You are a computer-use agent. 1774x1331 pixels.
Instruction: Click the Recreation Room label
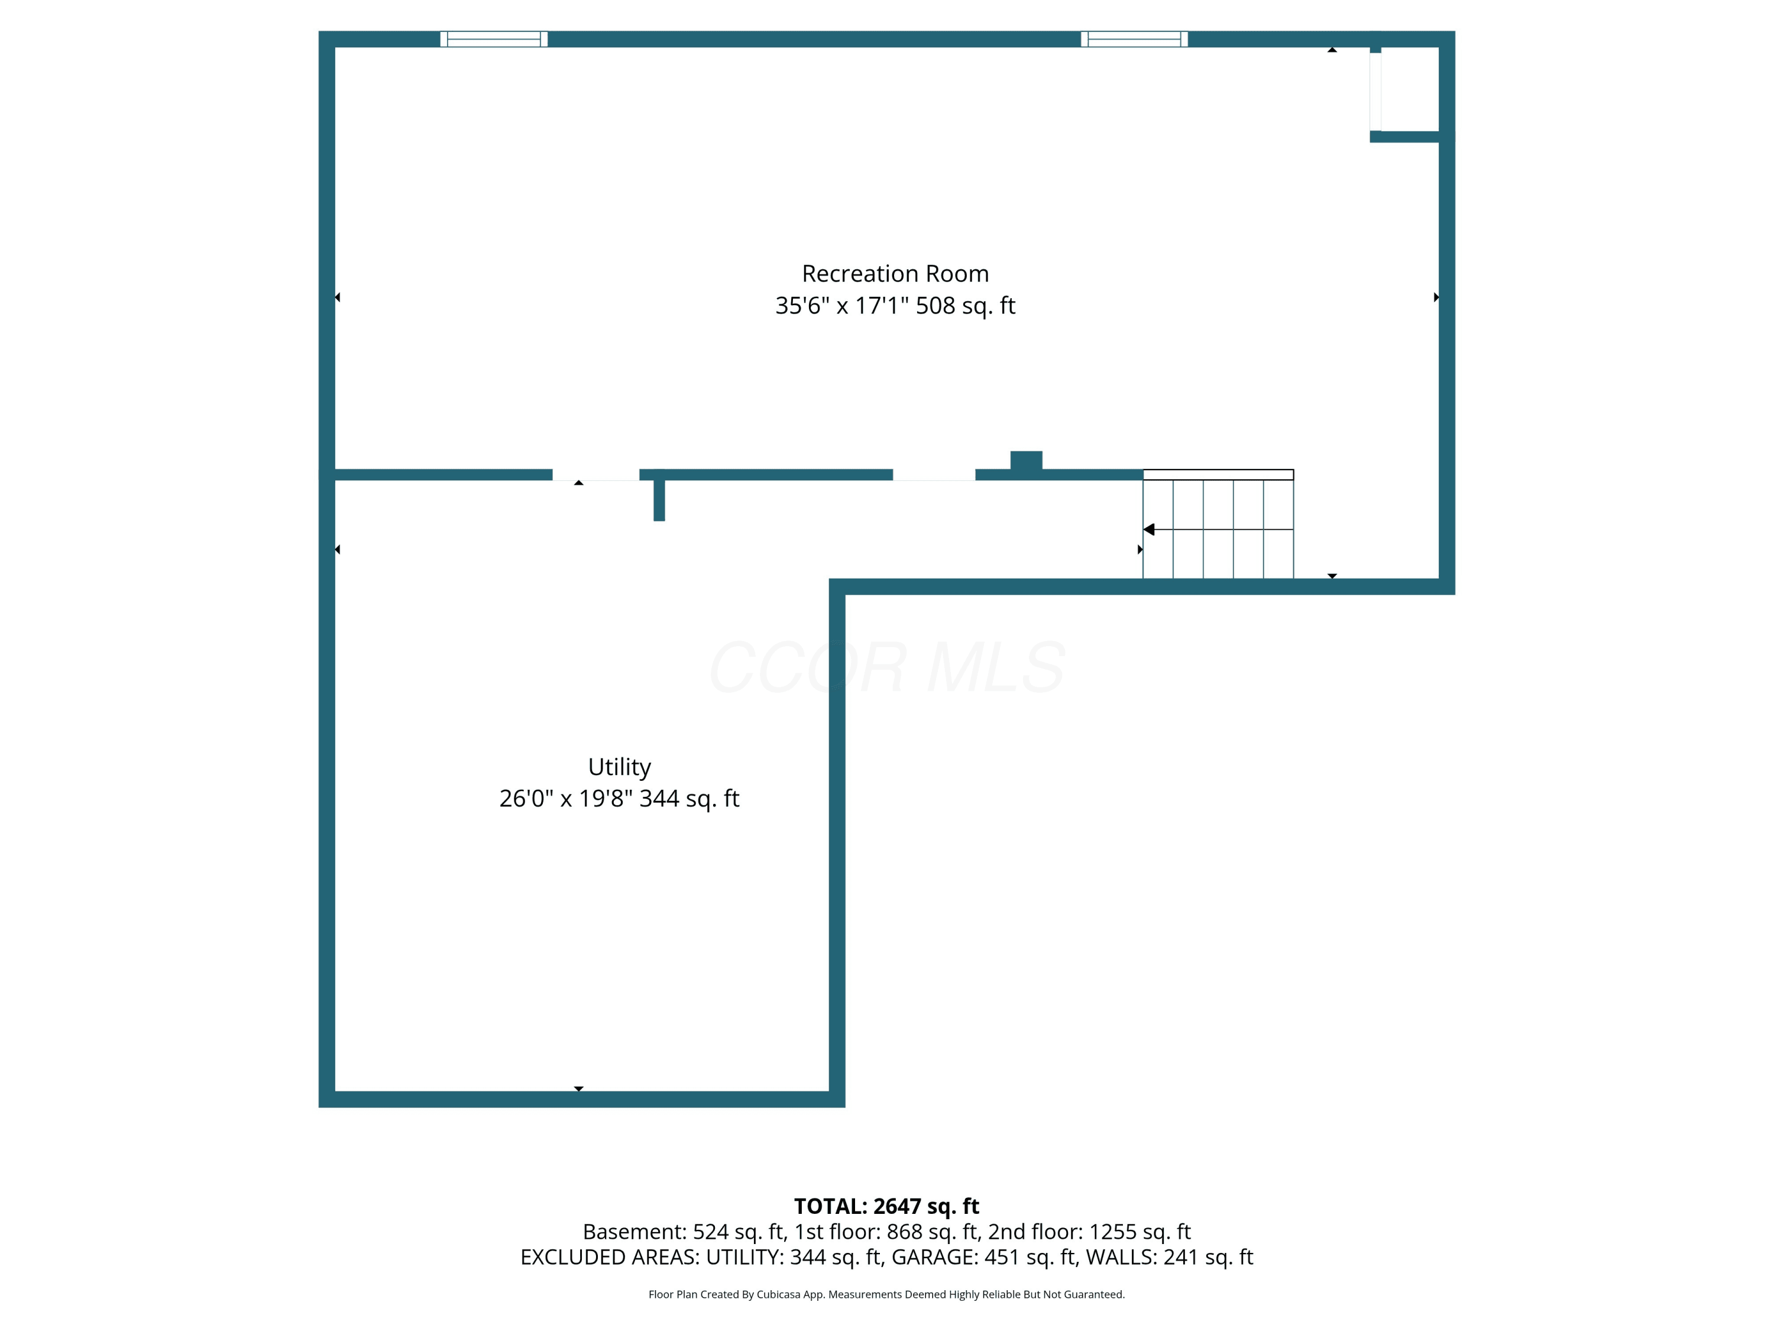pos(895,273)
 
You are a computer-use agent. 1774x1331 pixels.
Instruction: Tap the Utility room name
pos(619,768)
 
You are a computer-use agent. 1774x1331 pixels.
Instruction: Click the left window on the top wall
pos(494,39)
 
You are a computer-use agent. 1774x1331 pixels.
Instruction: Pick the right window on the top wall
pos(1134,39)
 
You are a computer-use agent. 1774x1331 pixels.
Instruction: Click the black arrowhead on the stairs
pos(1148,529)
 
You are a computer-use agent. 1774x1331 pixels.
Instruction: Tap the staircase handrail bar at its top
pos(1218,475)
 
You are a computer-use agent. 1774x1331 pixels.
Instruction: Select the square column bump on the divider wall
pos(1027,460)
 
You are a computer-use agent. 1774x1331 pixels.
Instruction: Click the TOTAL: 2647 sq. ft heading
pos(886,1207)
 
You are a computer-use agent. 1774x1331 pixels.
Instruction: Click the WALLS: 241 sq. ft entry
pos(1169,1257)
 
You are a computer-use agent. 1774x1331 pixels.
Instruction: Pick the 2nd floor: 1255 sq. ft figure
pos(1089,1232)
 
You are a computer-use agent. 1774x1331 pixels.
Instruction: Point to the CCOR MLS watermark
pos(887,667)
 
